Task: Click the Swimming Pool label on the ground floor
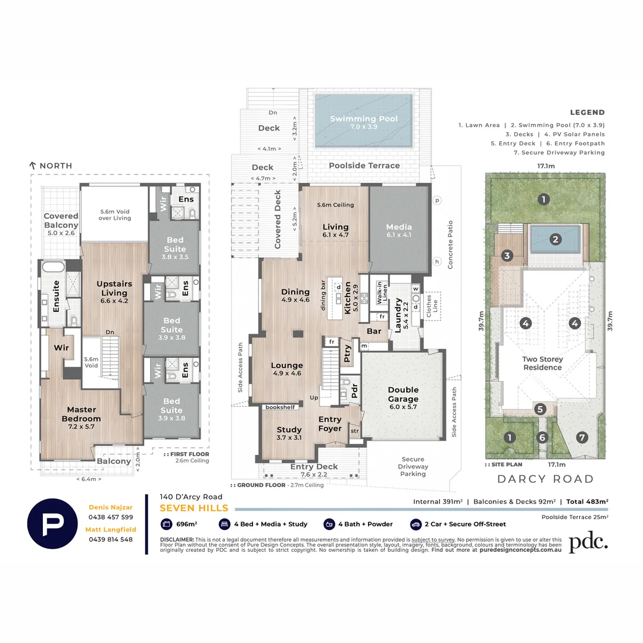tap(364, 122)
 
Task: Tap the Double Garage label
tap(403, 394)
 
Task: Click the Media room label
tap(398, 230)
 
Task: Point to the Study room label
tap(289, 433)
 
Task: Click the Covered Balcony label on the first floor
tap(61, 220)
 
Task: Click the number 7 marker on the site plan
tap(582, 437)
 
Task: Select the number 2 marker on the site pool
tap(555, 239)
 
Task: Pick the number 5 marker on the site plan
tap(539, 409)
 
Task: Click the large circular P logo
tap(52, 523)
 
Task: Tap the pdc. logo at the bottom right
tap(588, 542)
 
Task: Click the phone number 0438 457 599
tap(110, 517)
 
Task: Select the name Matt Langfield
tap(110, 529)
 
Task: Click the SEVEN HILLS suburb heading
tap(193, 508)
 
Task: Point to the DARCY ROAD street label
tap(545, 479)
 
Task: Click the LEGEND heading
tap(587, 112)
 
